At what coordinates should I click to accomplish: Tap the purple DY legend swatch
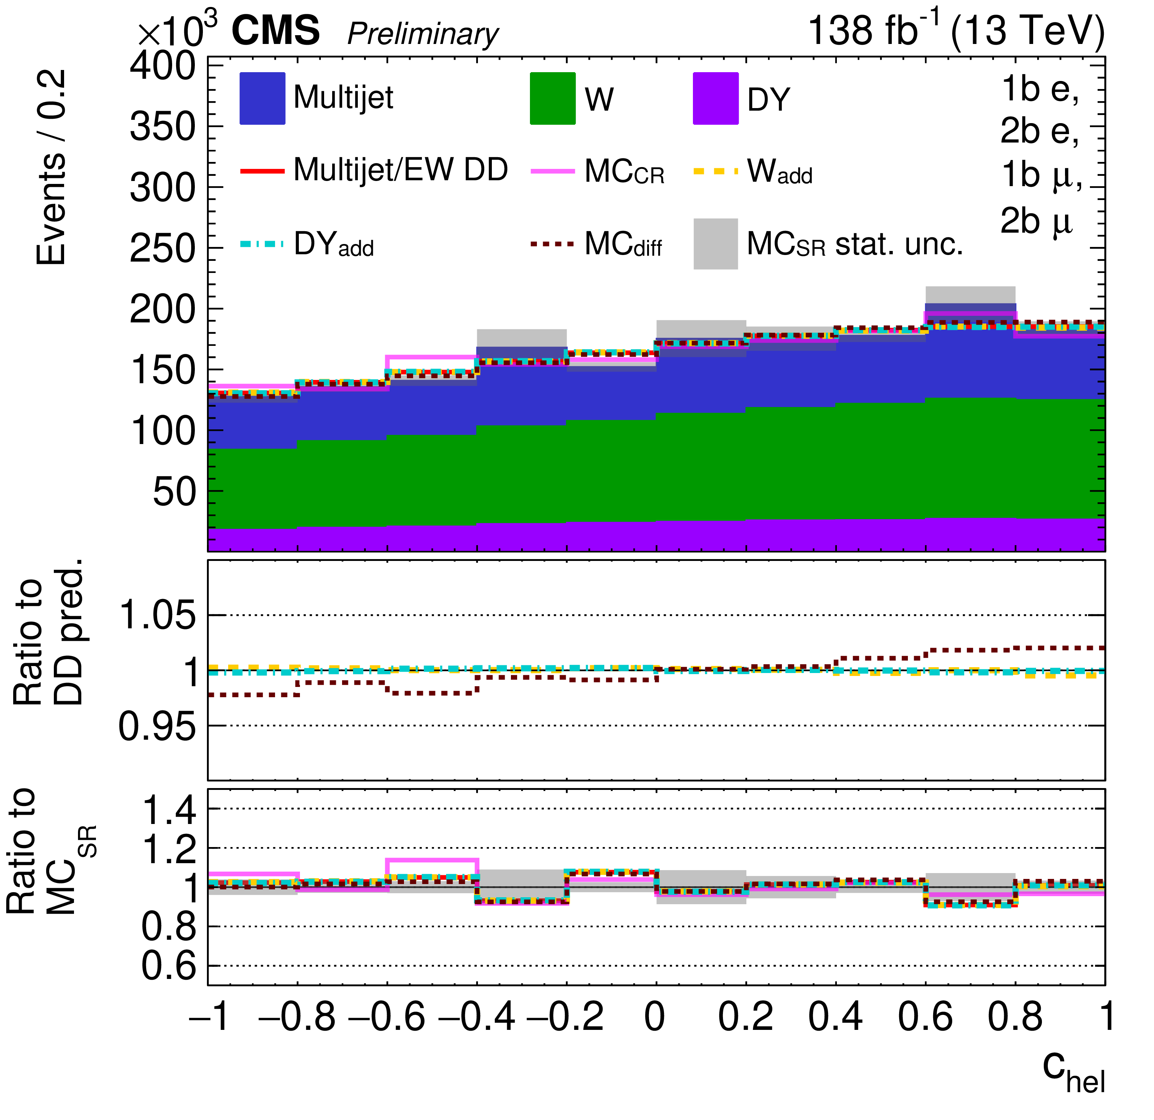(x=715, y=98)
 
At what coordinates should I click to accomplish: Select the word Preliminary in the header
(x=423, y=34)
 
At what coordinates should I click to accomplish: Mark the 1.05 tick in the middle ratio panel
(x=157, y=616)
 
